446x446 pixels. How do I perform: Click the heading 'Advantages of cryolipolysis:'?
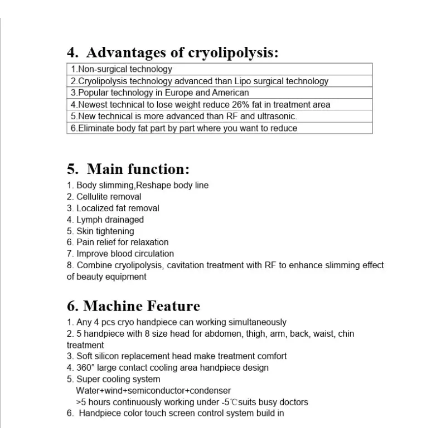[172, 53]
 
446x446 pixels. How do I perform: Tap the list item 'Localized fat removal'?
[113, 208]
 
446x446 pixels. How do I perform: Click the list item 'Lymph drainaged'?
[105, 220]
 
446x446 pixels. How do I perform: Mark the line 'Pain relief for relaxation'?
[118, 242]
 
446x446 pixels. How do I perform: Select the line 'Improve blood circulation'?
[120, 254]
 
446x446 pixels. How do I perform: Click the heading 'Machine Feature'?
[133, 306]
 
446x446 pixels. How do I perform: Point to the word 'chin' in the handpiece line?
[346, 333]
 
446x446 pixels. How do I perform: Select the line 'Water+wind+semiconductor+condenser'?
[153, 390]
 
